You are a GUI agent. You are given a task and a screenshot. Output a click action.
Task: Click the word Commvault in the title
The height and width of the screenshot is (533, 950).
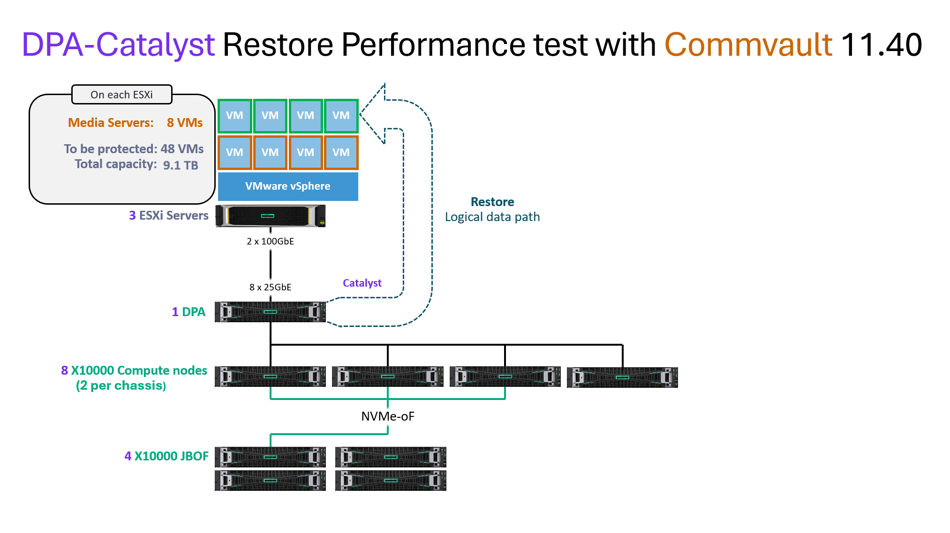pyautogui.click(x=748, y=45)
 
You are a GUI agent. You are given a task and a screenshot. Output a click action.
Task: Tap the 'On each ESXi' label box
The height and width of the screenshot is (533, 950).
pyautogui.click(x=121, y=95)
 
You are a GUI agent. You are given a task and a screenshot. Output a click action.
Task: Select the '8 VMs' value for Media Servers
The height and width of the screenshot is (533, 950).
pyautogui.click(x=185, y=123)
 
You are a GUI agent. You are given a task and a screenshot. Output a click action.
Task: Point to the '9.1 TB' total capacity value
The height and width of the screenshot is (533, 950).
pyautogui.click(x=181, y=165)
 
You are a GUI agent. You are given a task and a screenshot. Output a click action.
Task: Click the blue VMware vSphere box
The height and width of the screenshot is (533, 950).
pyautogui.click(x=288, y=186)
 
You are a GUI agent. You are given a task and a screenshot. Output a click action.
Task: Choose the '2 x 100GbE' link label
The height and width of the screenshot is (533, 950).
pyautogui.click(x=271, y=241)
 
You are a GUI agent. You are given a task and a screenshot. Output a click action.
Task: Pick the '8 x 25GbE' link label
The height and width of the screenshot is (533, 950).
pyautogui.click(x=271, y=287)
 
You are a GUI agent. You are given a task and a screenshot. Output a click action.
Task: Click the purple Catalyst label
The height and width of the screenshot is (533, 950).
pyautogui.click(x=362, y=283)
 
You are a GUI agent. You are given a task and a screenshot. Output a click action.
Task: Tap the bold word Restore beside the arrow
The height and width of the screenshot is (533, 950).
pyautogui.click(x=492, y=202)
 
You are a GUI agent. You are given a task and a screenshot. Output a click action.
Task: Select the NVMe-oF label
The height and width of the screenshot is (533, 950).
pyautogui.click(x=388, y=416)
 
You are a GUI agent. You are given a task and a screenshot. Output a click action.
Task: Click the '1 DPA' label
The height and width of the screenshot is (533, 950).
pyautogui.click(x=188, y=312)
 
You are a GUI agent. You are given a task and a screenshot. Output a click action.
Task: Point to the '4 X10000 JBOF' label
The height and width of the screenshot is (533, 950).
pyautogui.click(x=166, y=456)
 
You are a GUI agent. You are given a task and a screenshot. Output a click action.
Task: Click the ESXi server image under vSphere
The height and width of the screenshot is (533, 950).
pyautogui.click(x=271, y=216)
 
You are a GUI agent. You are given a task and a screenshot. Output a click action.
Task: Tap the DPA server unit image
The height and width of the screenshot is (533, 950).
pyautogui.click(x=271, y=312)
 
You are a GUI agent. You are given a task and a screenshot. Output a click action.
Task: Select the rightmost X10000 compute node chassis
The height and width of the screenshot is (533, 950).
pyautogui.click(x=622, y=378)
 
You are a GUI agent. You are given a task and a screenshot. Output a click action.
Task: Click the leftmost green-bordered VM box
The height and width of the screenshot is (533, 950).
pyautogui.click(x=235, y=116)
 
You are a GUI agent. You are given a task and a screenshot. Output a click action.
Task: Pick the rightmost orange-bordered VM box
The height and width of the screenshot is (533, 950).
pyautogui.click(x=341, y=153)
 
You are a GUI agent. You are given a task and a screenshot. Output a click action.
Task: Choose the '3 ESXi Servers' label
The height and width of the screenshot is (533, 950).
pyautogui.click(x=168, y=215)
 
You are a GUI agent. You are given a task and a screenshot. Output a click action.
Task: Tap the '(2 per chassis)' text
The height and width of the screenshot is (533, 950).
pyautogui.click(x=121, y=385)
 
